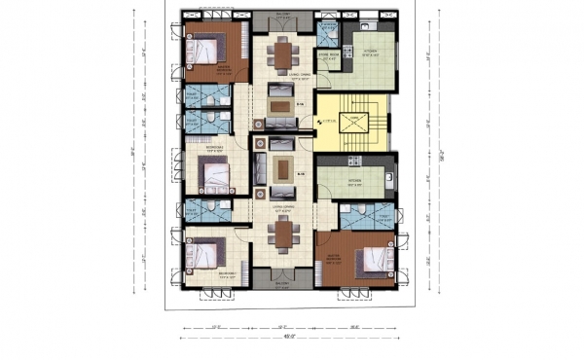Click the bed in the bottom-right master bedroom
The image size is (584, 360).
click(369, 260)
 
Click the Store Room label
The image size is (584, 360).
click(332, 55)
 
